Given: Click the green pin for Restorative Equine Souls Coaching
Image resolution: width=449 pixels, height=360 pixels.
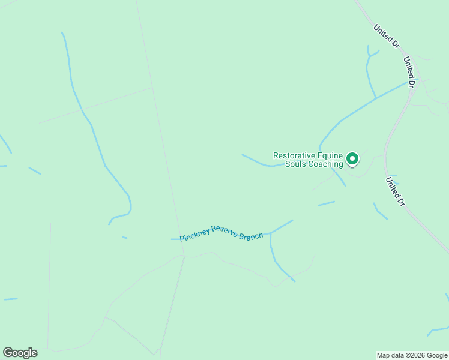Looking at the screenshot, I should [x=352, y=159].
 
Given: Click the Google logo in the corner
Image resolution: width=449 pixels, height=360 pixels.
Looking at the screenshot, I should [x=20, y=353].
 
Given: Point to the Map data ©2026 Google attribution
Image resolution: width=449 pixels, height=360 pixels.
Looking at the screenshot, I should [x=412, y=355].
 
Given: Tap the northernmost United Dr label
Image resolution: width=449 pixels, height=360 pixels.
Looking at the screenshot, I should [x=386, y=36].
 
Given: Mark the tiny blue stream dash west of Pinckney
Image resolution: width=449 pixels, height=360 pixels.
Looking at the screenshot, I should [x=125, y=238].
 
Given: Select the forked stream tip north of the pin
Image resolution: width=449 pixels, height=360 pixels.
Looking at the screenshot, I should [x=372, y=54].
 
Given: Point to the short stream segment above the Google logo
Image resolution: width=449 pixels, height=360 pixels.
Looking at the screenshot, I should [x=11, y=299].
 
